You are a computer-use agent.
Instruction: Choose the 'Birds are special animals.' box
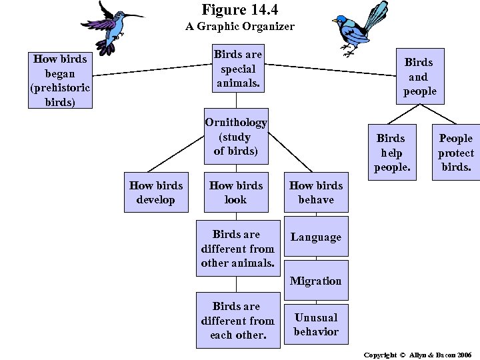(238, 68)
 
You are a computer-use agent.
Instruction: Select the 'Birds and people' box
(419, 76)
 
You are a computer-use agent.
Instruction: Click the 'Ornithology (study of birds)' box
(236, 137)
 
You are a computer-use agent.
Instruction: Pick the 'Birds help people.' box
(391, 152)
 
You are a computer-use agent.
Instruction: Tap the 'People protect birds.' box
(455, 152)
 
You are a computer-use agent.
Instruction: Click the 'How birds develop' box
(155, 192)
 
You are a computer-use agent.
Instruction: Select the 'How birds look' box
(236, 192)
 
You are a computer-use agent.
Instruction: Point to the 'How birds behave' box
(316, 192)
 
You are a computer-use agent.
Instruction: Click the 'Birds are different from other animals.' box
(237, 249)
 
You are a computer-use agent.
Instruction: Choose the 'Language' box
(315, 237)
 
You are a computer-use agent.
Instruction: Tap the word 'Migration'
(315, 281)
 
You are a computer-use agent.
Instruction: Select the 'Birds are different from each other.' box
(237, 320)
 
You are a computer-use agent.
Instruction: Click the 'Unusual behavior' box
(315, 324)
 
